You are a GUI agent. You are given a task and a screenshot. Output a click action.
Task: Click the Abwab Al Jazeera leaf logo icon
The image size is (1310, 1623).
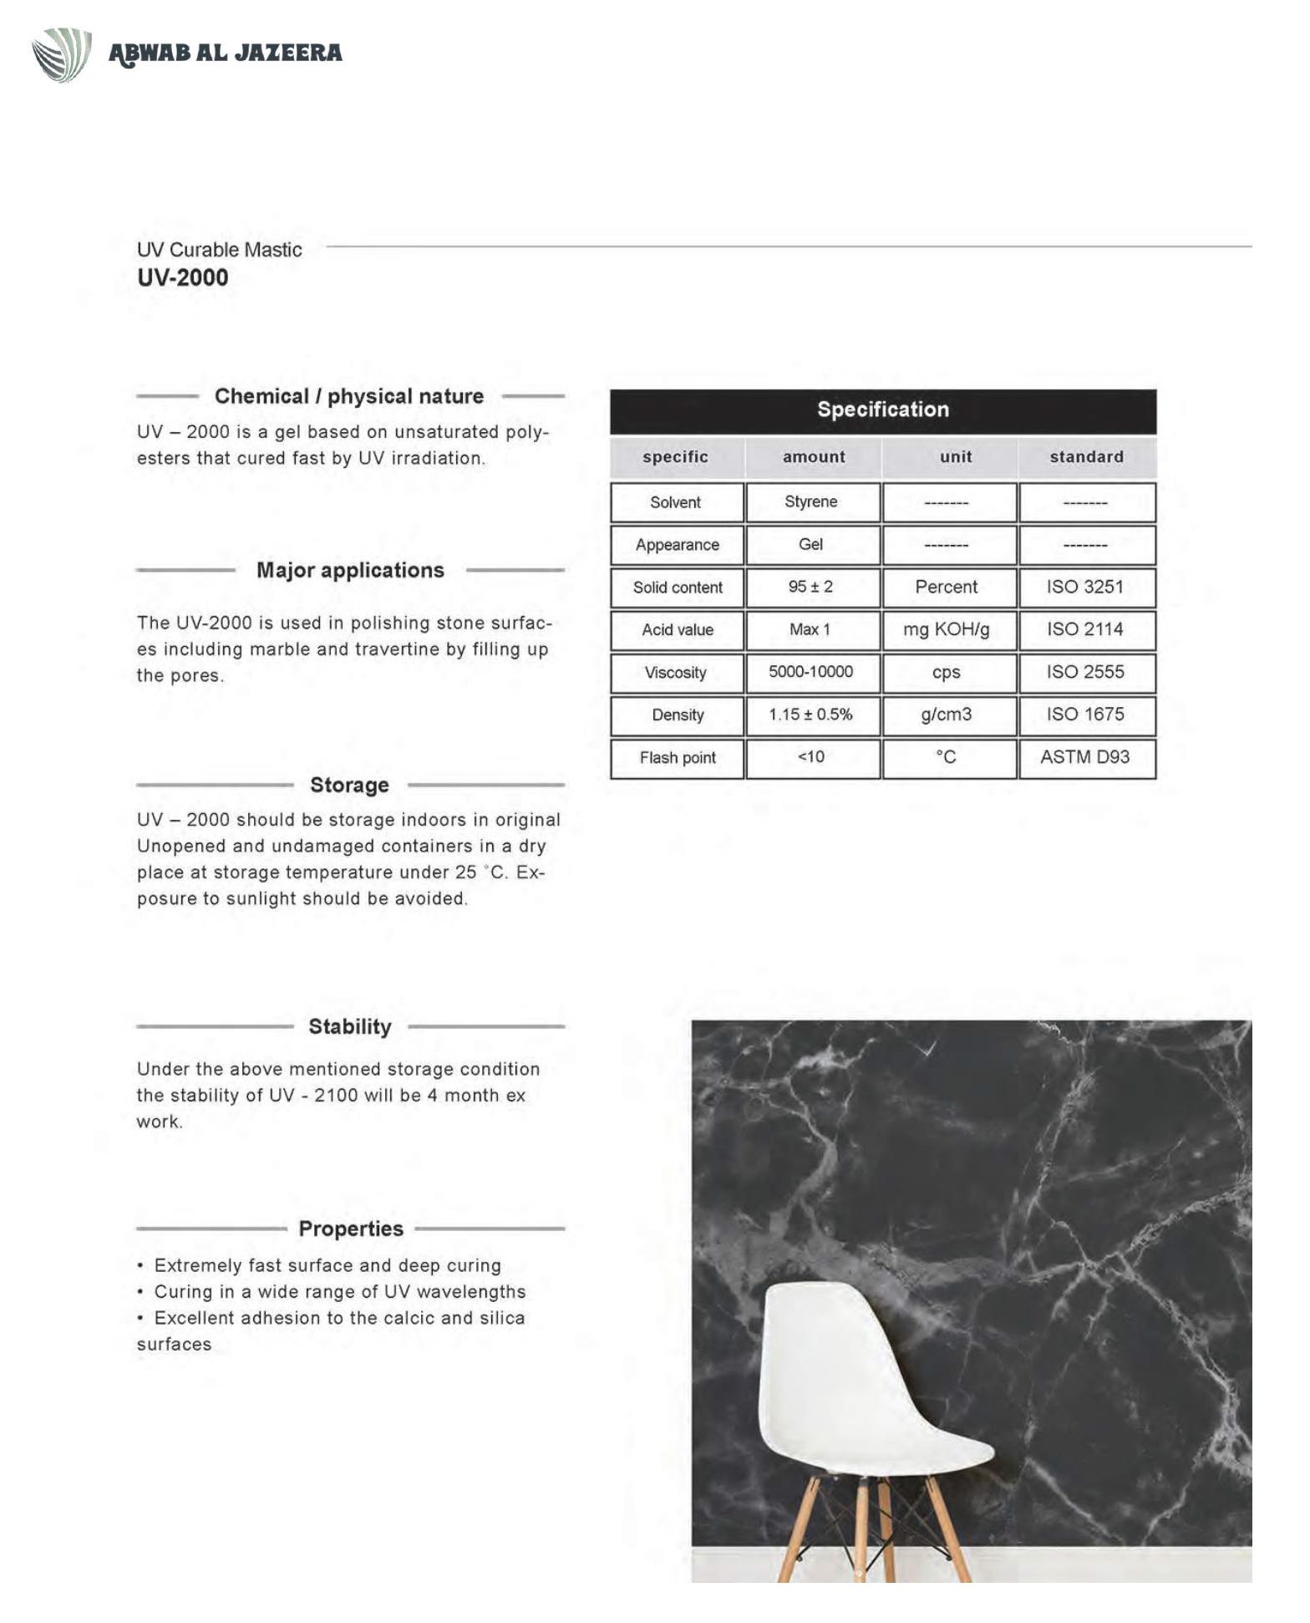pos(61,54)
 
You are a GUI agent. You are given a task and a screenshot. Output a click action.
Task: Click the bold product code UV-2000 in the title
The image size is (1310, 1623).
pos(182,277)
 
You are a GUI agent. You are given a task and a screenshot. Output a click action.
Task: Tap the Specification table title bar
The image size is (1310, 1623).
pos(882,410)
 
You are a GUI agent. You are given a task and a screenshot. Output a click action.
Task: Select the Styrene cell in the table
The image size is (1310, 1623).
pos(810,501)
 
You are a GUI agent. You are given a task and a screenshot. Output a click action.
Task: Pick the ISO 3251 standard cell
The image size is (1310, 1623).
pos(1084,587)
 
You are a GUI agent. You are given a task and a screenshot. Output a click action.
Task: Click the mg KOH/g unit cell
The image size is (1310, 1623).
pos(946,629)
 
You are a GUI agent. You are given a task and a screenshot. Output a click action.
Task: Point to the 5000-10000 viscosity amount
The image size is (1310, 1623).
pos(810,672)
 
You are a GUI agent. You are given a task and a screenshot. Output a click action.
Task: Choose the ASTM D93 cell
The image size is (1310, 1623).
pos(1084,757)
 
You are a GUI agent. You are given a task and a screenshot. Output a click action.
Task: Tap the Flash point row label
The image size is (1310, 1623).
pos(678,758)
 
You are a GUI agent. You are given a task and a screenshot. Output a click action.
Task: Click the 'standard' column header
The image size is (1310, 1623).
pos(1086,457)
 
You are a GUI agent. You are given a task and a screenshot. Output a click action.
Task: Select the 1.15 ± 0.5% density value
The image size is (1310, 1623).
pos(810,715)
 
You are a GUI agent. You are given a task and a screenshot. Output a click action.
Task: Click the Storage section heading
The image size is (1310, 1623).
pos(349,785)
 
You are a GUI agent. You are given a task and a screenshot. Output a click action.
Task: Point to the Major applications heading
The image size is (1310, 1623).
pos(350,570)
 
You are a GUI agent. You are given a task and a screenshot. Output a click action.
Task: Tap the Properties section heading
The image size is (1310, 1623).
pos(351,1229)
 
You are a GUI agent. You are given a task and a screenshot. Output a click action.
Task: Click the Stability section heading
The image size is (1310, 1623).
pos(350,1026)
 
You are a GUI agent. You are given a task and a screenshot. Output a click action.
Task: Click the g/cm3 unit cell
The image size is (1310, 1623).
pos(946,715)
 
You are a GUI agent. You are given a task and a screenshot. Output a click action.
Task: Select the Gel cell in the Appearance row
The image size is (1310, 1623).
pos(810,544)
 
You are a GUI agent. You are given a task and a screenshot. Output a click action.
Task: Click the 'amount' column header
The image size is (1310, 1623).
pos(814,457)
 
